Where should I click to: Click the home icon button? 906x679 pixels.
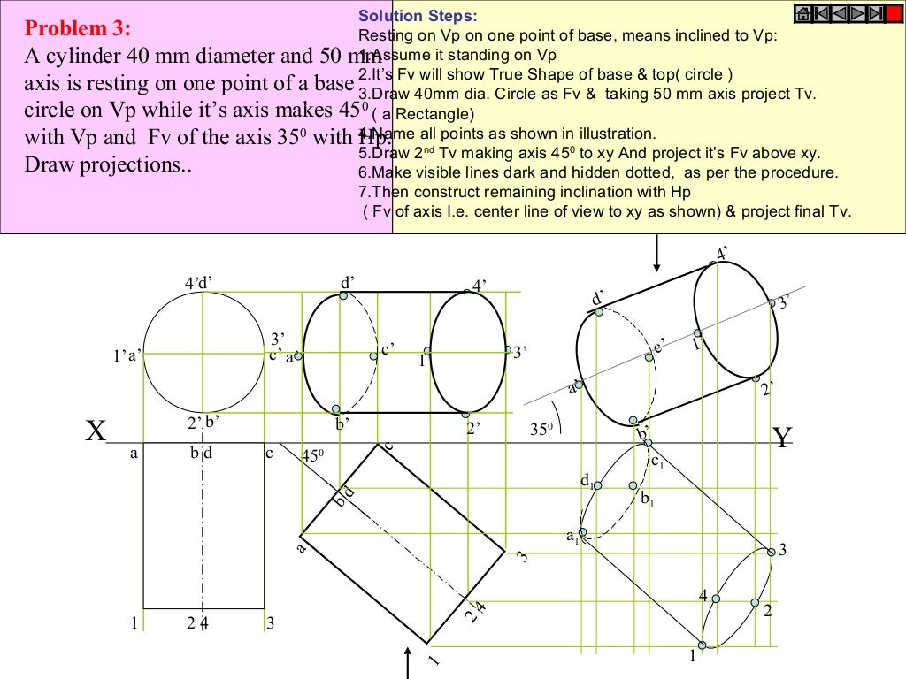pyautogui.click(x=804, y=13)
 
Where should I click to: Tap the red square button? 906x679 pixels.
pyautogui.click(x=894, y=13)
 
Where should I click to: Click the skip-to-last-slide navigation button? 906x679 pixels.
pyautogui.click(x=875, y=13)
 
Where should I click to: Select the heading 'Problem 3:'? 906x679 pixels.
pyautogui.click(x=78, y=28)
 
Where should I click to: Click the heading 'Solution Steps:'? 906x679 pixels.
pyautogui.click(x=416, y=17)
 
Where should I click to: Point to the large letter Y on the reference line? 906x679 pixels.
pyautogui.click(x=781, y=438)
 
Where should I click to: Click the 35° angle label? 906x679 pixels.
pyautogui.click(x=541, y=430)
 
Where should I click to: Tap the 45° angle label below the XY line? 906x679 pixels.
pyautogui.click(x=312, y=456)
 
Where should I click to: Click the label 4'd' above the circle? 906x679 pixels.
pyautogui.click(x=198, y=283)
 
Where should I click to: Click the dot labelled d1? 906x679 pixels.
pyautogui.click(x=597, y=485)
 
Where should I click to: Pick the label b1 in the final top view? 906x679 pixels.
pyautogui.click(x=648, y=500)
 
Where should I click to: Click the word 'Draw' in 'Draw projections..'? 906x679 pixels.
pyautogui.click(x=50, y=165)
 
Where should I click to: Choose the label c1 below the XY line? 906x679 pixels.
pyautogui.click(x=657, y=461)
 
